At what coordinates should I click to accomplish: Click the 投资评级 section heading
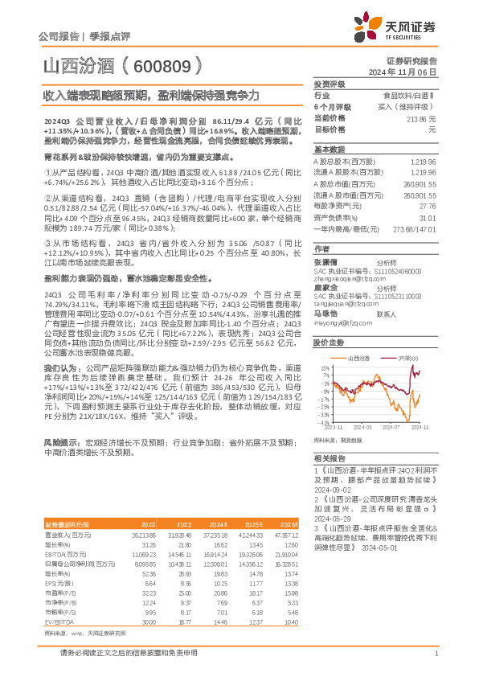pyautogui.click(x=330, y=84)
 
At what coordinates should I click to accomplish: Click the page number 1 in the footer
pyautogui.click(x=434, y=663)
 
